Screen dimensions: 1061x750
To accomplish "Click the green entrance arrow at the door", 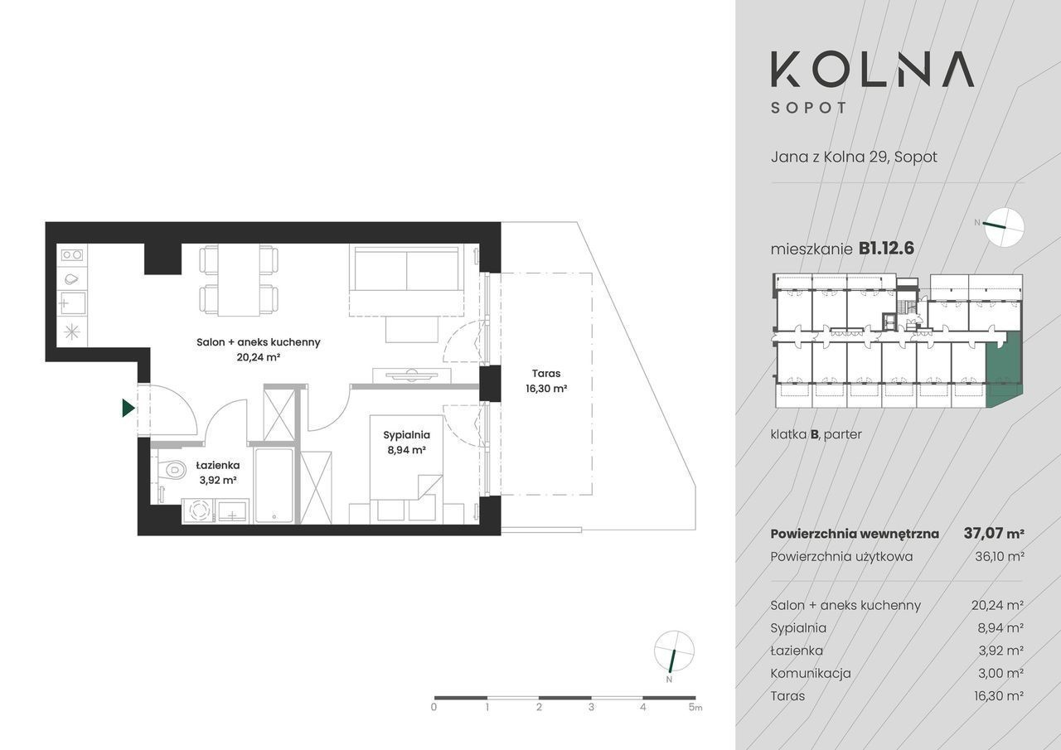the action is (128, 408).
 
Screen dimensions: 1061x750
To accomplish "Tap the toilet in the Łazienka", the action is (171, 471).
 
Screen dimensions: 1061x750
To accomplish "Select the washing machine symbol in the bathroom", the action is (198, 510).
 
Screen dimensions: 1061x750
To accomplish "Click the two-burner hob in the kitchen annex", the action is (72, 255).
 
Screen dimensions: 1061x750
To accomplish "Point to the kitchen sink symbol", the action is (72, 303).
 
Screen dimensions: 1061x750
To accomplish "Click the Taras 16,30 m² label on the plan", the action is (546, 381).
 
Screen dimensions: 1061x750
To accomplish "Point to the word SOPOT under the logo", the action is (808, 109).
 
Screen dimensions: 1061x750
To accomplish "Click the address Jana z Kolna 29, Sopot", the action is (854, 157).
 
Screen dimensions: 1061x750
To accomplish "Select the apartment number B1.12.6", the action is (886, 249).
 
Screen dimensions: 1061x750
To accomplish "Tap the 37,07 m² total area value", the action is (994, 534).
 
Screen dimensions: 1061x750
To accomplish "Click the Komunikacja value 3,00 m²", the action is (1000, 673).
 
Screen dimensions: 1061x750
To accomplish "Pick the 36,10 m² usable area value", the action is (1000, 556).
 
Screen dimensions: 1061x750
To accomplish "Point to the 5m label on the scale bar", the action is (695, 708).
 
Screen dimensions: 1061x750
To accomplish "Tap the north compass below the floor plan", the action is (674, 651).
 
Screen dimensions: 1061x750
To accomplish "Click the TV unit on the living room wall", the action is (412, 375).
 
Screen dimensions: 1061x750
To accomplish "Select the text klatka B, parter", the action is (816, 434).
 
